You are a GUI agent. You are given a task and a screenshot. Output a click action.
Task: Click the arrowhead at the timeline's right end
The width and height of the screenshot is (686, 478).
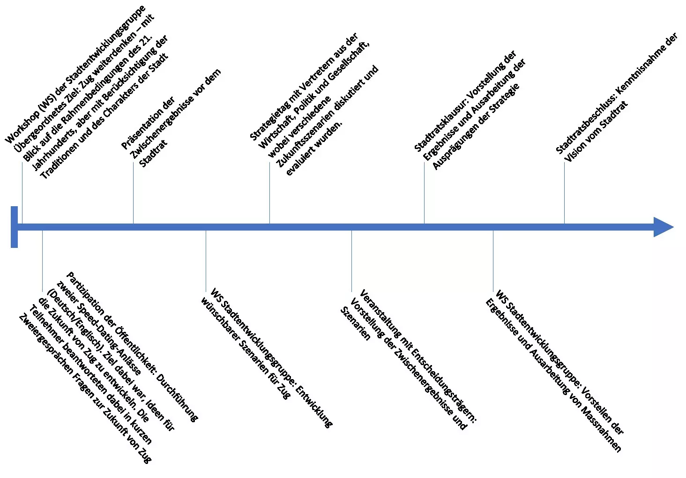(664, 227)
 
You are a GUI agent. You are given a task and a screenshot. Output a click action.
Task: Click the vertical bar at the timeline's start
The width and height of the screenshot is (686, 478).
(14, 227)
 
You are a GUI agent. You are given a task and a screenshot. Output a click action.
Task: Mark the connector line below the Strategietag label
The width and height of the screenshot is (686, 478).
(269, 193)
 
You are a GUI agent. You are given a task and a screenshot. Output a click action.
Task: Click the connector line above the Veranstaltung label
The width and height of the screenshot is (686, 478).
(351, 261)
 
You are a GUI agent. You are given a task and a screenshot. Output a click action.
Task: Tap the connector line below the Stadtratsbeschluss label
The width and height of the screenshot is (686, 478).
(565, 193)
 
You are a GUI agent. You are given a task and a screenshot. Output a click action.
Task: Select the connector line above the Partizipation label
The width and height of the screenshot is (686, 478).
(42, 261)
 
